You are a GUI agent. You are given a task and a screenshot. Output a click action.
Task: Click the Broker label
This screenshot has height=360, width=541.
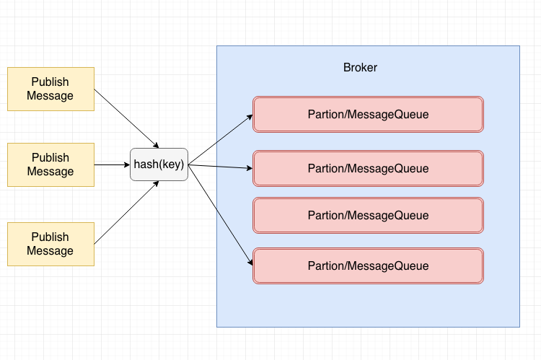coord(360,67)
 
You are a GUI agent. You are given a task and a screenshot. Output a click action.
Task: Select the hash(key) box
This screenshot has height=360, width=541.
coord(159,164)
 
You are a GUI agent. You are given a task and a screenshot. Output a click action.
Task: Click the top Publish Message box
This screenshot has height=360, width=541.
coord(50,89)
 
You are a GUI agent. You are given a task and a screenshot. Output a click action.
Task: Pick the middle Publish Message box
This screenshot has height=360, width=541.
coord(50,164)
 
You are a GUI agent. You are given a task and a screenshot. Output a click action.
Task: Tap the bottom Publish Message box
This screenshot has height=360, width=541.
coord(50,244)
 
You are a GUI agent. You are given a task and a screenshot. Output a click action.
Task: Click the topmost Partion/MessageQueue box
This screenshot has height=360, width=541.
coord(368,114)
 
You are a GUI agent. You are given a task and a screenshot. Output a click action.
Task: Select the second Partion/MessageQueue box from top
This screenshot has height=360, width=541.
coord(368,168)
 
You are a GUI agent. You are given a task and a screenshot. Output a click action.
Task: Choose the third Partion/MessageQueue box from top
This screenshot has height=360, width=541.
coord(368,216)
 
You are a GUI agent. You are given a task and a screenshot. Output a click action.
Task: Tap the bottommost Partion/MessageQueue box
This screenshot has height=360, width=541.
coord(368,265)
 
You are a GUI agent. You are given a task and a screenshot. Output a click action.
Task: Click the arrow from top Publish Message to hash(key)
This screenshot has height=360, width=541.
coord(126,118)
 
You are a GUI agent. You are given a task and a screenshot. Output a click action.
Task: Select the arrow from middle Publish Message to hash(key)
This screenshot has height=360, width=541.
coord(112,164)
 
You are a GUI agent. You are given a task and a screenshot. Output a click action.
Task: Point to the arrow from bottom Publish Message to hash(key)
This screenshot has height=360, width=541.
coord(126,213)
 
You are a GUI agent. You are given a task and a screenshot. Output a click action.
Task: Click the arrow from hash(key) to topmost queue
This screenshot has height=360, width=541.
coord(221,139)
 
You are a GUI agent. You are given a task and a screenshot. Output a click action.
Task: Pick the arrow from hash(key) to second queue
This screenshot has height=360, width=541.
coord(221,167)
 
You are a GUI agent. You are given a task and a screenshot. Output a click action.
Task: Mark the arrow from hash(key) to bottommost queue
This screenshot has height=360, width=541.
coord(221,215)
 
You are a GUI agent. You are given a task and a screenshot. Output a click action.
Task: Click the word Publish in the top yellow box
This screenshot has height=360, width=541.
coord(50,82)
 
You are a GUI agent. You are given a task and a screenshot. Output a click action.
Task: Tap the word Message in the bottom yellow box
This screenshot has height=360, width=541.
coord(50,250)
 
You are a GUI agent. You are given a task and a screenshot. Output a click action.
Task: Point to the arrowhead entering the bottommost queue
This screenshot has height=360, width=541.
coord(250,262)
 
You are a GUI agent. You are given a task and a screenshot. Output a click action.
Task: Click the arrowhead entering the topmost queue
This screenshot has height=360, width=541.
coord(250,117)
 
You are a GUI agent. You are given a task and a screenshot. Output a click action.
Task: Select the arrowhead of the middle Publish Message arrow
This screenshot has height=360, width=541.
coord(127,164)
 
